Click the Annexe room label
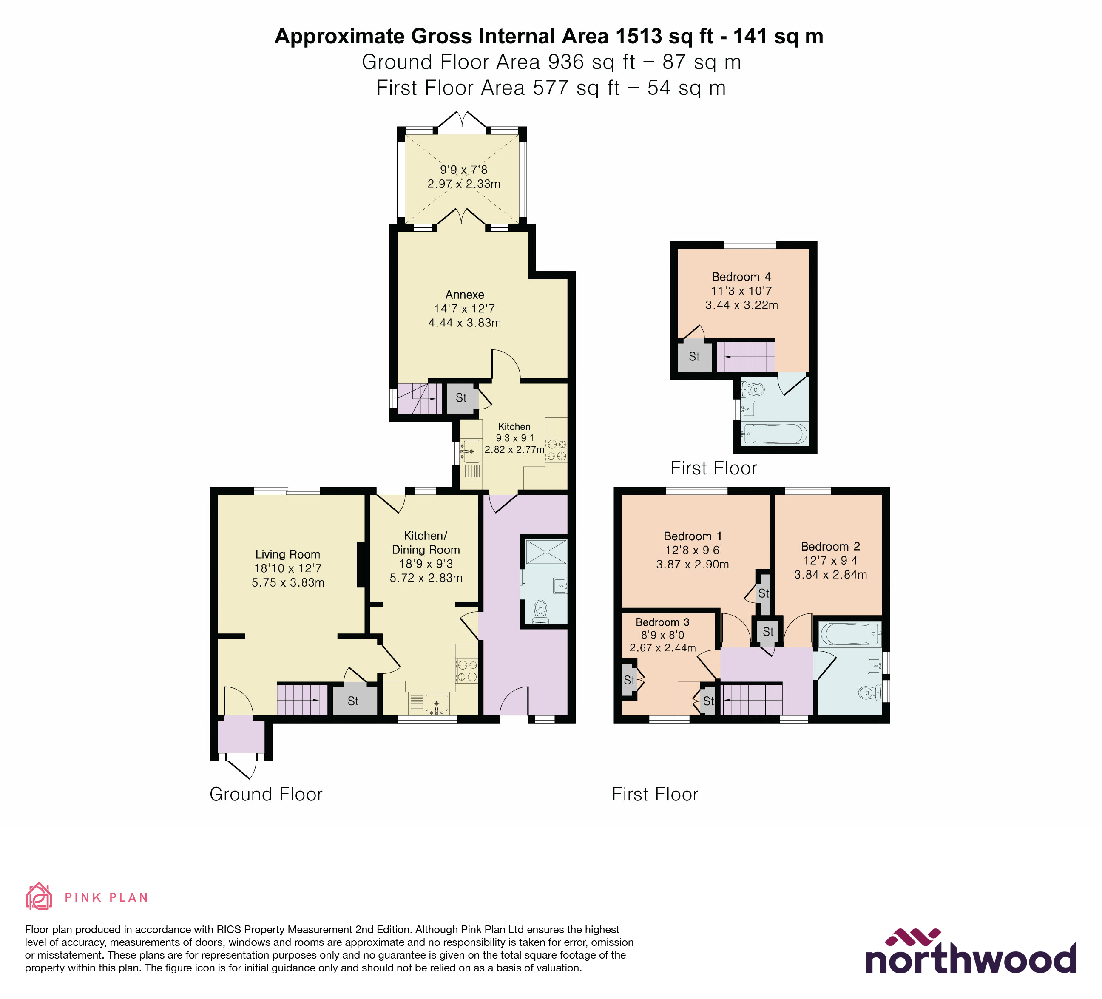point(464,295)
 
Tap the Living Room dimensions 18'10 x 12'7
point(287,568)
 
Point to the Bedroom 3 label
point(662,622)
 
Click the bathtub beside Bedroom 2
point(849,634)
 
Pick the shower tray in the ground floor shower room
point(545,551)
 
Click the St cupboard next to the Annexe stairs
point(461,398)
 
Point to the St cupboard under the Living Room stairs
point(353,701)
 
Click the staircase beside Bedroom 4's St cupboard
point(746,356)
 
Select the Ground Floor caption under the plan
point(266,794)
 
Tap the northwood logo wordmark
point(970,959)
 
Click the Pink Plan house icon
point(39,897)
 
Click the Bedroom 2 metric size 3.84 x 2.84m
point(830,574)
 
